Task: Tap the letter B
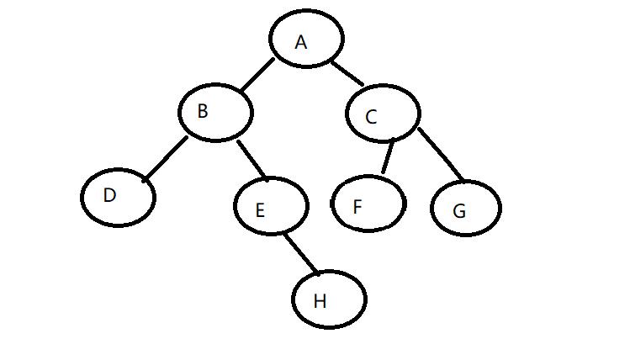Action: click(203, 111)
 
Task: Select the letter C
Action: click(371, 118)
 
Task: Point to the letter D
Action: click(109, 195)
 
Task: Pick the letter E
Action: click(260, 210)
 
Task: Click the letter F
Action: click(357, 207)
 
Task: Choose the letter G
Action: click(459, 211)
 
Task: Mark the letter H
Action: click(320, 302)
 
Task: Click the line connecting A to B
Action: click(257, 75)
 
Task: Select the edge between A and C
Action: click(347, 72)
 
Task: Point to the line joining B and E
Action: click(251, 159)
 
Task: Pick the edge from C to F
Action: click(387, 156)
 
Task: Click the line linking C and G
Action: click(441, 153)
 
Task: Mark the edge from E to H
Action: click(300, 251)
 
